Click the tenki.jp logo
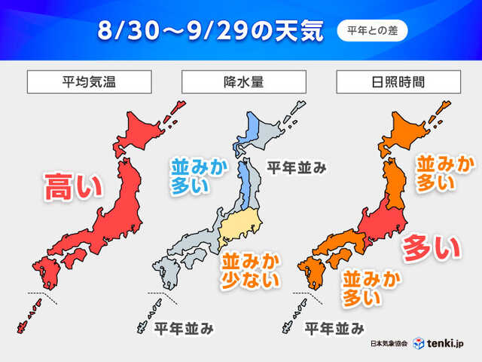[x=441, y=343]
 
